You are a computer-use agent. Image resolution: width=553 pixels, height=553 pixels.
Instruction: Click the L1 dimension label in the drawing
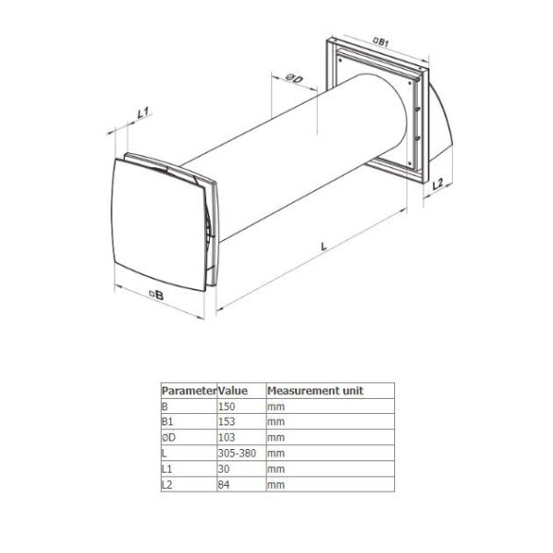coord(143,112)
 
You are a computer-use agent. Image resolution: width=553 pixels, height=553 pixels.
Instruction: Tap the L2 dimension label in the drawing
coord(438,184)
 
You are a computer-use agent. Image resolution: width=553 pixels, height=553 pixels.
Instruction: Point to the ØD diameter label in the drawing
coord(294,78)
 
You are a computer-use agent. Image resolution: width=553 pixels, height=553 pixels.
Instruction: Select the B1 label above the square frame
coord(381,43)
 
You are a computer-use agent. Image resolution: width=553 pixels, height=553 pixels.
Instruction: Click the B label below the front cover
coord(157,295)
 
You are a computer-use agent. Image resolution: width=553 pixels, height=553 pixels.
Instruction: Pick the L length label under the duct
coord(323,246)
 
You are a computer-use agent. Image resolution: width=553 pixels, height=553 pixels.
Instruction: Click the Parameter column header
coord(189,390)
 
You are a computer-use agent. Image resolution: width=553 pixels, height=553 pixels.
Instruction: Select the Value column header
coord(233,390)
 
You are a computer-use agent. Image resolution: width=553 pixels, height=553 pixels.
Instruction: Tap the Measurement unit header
coord(315,390)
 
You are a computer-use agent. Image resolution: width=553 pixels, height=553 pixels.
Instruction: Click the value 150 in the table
coord(227,406)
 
